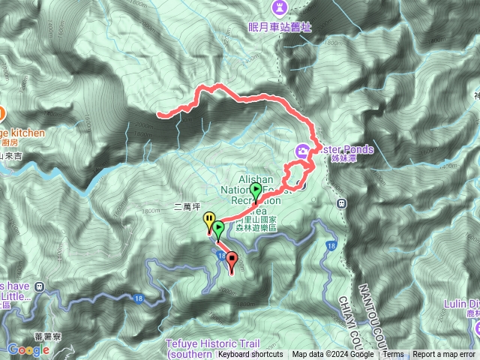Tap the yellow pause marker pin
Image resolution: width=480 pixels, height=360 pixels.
coord(208,222)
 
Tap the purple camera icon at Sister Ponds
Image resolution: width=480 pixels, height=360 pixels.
coord(301,150)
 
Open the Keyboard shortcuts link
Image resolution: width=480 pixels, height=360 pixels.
coord(250,355)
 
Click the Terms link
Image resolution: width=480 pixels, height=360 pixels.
coord(393,355)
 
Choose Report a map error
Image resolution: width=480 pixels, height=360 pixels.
coord(444,355)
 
